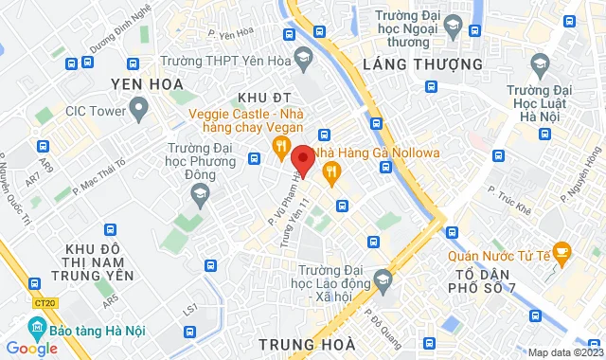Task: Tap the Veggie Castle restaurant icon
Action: pos(280,145)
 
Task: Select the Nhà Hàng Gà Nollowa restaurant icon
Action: pos(330,171)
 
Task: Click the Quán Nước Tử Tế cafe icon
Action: pos(562,252)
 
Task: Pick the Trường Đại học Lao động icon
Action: pos(383,279)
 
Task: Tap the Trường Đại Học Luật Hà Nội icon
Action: pos(540,65)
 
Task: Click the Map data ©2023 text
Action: pos(565,353)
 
